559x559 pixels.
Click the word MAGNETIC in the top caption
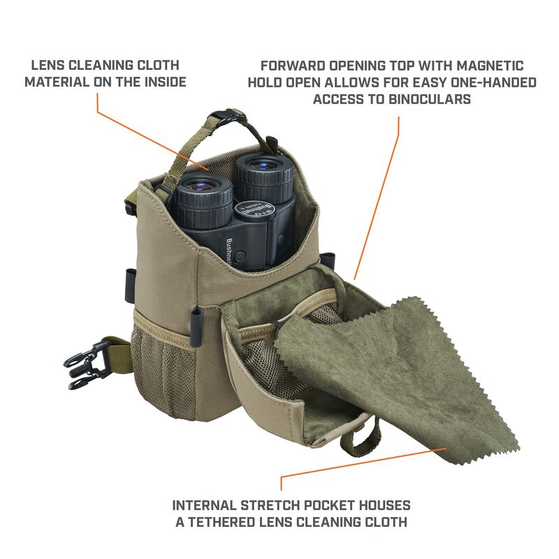click(x=491, y=66)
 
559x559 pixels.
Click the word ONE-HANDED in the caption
click(x=493, y=82)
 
